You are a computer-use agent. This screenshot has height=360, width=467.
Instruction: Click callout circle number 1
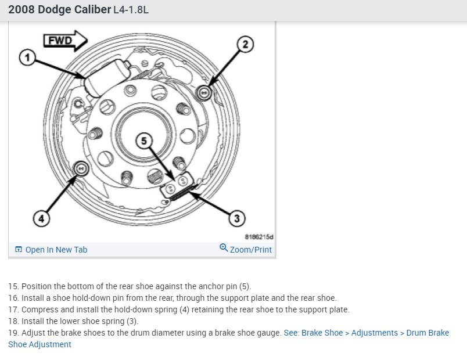click(x=25, y=57)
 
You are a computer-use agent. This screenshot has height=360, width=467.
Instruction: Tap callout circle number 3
click(x=236, y=218)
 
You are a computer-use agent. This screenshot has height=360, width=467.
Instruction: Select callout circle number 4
click(x=40, y=218)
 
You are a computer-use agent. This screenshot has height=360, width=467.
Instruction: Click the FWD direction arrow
click(x=65, y=40)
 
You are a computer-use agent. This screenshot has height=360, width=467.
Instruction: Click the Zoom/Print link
click(x=250, y=250)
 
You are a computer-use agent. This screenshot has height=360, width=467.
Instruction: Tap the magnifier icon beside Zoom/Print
click(x=224, y=249)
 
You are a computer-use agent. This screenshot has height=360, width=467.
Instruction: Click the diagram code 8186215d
click(x=258, y=237)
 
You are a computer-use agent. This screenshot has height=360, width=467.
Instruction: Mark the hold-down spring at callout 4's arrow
click(x=82, y=169)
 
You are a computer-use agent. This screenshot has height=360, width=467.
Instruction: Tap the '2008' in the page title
click(x=21, y=10)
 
